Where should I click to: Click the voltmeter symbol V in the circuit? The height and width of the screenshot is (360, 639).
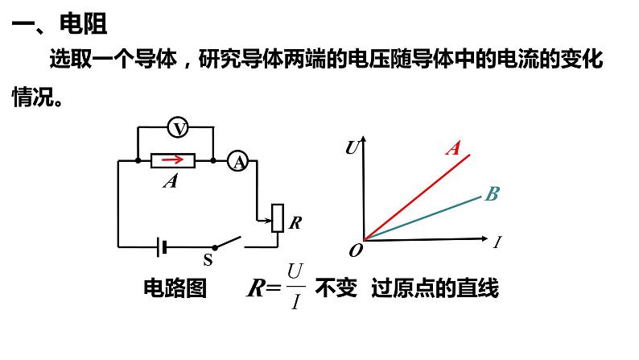tap(178, 127)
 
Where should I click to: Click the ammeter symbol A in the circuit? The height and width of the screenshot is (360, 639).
tap(238, 161)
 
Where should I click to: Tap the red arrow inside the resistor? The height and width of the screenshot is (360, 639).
tap(173, 159)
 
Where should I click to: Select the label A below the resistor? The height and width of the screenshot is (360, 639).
tap(171, 180)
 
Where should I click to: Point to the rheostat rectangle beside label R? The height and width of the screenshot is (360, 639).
tap(278, 218)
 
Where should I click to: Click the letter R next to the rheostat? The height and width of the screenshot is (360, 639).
tap(295, 222)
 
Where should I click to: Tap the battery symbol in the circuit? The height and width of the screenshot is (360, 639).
tap(162, 247)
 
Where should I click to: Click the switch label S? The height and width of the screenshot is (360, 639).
tap(208, 259)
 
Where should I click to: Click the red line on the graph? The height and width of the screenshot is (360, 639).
tap(417, 197)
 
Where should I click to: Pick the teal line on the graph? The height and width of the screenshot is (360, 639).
tap(423, 218)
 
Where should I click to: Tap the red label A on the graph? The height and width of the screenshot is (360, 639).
tap(453, 147)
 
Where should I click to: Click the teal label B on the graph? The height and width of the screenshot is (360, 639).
tap(493, 193)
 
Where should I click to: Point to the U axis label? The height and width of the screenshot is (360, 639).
tap(352, 147)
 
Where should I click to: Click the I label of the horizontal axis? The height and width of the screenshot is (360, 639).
tap(497, 242)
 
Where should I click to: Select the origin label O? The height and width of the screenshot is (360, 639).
tap(356, 250)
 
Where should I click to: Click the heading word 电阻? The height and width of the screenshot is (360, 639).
tap(83, 23)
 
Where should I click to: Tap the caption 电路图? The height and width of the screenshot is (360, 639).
tap(175, 288)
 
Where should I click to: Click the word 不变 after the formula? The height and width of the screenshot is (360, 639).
tap(336, 288)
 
